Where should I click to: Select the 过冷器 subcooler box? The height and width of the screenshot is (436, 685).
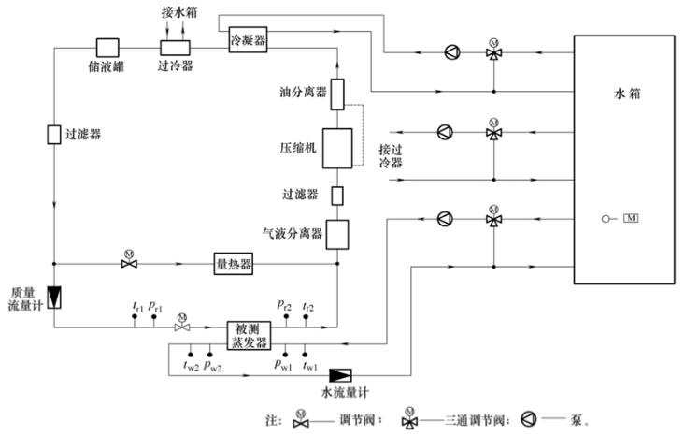click(175, 47)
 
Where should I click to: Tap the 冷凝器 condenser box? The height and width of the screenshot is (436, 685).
click(248, 41)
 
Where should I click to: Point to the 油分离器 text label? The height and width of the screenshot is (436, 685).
click(303, 93)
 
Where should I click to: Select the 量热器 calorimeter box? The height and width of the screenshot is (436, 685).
click(234, 265)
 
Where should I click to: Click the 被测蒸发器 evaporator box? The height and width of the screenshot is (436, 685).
click(248, 333)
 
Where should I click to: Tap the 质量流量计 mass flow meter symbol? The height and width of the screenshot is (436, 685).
click(55, 297)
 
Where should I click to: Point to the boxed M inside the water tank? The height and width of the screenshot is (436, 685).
click(631, 219)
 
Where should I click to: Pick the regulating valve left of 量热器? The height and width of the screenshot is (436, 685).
click(130, 265)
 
